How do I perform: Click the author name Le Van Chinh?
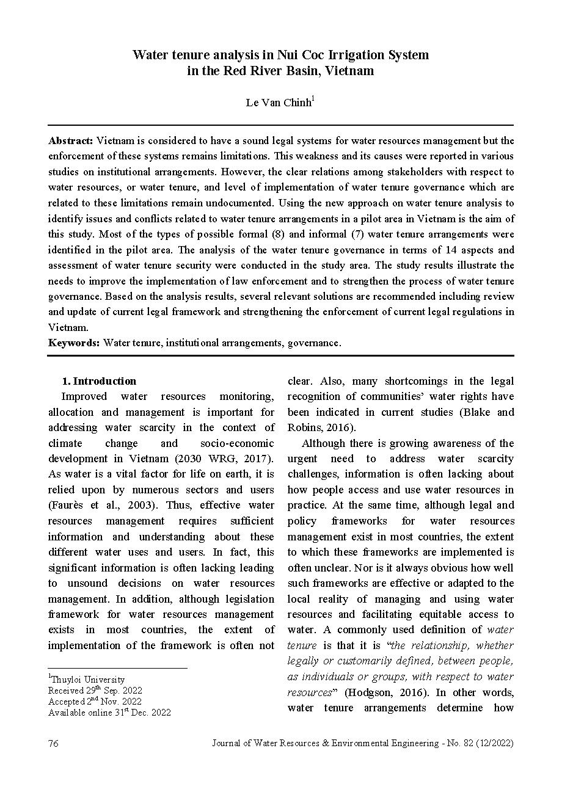tap(278, 103)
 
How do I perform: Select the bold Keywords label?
tap(74, 343)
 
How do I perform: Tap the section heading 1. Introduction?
tap(100, 381)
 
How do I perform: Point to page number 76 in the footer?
tap(53, 743)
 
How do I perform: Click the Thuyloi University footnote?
tap(87, 680)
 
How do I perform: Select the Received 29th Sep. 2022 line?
tap(95, 691)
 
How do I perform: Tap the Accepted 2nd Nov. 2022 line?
tap(95, 702)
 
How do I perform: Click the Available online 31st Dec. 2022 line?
tap(109, 712)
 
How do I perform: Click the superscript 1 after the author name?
tap(313, 98)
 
